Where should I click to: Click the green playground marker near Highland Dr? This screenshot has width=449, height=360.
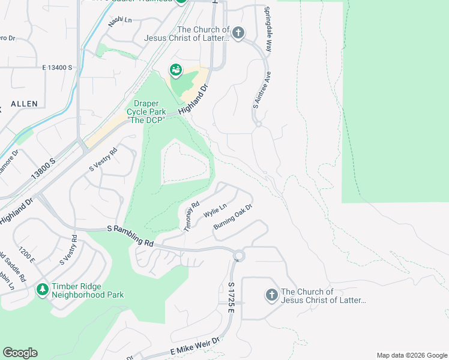[x=176, y=71]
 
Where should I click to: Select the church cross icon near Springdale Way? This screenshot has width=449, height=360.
[x=238, y=33]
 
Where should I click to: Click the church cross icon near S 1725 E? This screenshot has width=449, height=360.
[x=271, y=295]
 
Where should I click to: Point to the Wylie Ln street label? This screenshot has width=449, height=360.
[x=215, y=211]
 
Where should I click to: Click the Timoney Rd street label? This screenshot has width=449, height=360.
[x=191, y=217]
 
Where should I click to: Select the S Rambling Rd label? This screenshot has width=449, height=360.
[x=131, y=236]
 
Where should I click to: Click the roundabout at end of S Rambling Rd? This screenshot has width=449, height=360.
[x=239, y=256]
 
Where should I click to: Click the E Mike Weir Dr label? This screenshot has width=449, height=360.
[x=196, y=347]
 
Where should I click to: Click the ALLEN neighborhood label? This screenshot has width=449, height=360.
[x=23, y=104]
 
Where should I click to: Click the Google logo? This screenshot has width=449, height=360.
[x=20, y=353]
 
